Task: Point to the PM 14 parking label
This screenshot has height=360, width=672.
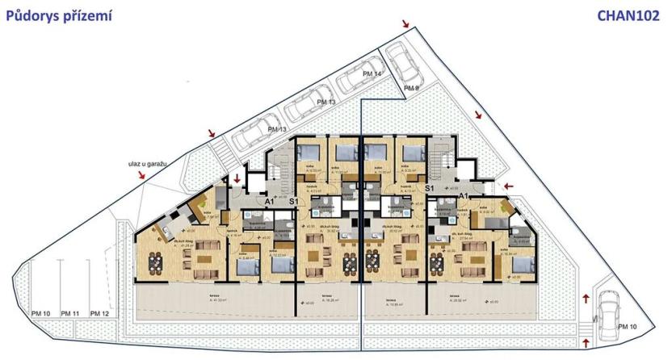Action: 372,74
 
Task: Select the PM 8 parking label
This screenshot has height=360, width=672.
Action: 412,87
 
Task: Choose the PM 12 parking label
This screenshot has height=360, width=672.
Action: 99,313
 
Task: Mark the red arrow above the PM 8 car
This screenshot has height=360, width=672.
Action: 404,26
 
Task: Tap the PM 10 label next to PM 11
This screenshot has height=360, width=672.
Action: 41,313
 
